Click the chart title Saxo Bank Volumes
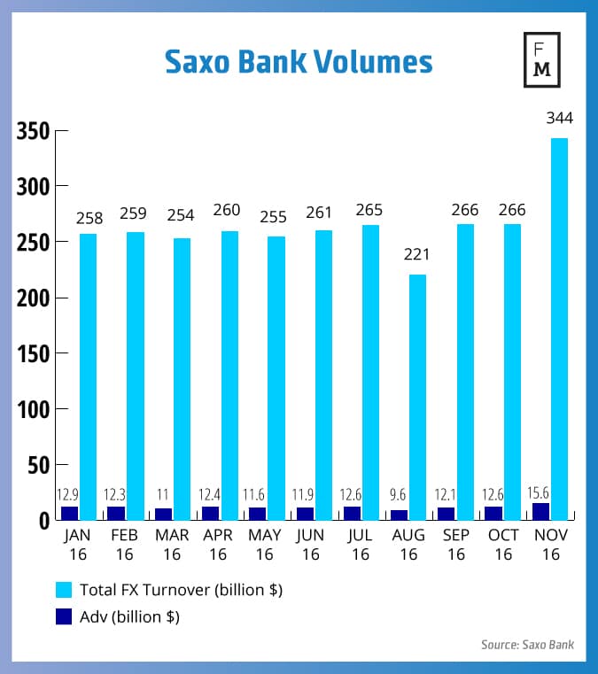(299, 63)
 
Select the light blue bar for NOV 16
(559, 328)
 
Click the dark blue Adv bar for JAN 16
(70, 513)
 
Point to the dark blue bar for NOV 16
(541, 511)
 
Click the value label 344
(559, 118)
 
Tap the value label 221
(417, 255)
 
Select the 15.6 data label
(539, 494)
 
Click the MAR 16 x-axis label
(172, 545)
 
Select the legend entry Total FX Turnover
(181, 589)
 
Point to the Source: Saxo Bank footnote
(527, 645)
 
